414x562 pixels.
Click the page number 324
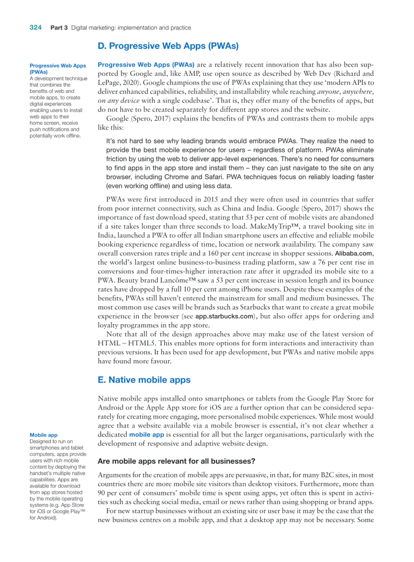[36, 28]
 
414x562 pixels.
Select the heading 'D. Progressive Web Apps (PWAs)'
[168, 46]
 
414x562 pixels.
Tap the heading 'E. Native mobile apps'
[144, 380]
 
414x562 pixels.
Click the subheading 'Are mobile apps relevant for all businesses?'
[176, 461]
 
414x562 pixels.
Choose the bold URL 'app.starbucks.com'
[224, 317]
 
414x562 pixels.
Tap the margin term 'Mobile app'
[43, 435]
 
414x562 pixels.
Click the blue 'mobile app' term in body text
[146, 435]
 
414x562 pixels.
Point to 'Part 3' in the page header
[59, 28]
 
